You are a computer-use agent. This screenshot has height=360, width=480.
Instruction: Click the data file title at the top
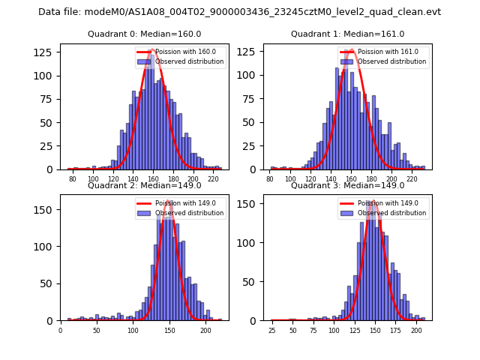pyautogui.click(x=239, y=12)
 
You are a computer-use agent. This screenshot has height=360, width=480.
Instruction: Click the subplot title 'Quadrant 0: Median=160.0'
pyautogui.click(x=144, y=34)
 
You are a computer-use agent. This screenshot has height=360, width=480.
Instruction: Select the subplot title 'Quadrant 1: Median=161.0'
pyautogui.click(x=347, y=34)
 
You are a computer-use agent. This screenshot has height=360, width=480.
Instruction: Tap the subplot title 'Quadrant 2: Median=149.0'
pyautogui.click(x=144, y=185)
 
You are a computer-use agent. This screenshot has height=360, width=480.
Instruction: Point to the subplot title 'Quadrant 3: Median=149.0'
pyautogui.click(x=347, y=185)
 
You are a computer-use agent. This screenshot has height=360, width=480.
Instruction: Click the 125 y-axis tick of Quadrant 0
pyautogui.click(x=46, y=52)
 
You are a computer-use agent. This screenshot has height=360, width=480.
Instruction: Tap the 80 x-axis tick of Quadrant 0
pyautogui.click(x=73, y=180)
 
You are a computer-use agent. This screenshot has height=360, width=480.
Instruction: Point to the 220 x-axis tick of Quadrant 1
pyautogui.click(x=412, y=180)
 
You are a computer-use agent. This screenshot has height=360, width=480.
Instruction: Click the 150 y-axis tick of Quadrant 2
pyautogui.click(x=46, y=210)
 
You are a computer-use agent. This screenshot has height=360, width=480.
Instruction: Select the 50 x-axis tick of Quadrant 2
pyautogui.click(x=97, y=331)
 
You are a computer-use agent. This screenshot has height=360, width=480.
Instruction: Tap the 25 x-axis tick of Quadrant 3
pyautogui.click(x=271, y=331)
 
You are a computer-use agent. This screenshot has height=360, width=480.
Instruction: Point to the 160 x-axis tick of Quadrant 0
pyautogui.click(x=153, y=180)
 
